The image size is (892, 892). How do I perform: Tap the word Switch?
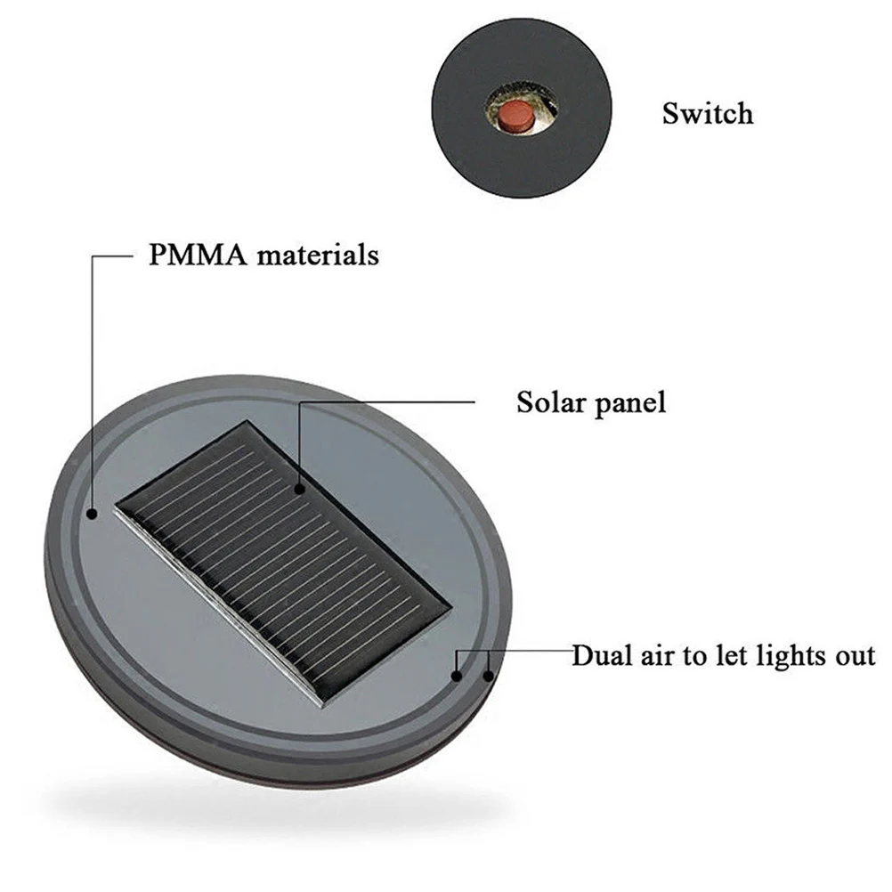click(x=707, y=114)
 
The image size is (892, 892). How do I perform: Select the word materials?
click(x=317, y=255)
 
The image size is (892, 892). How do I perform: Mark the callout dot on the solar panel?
click(x=301, y=488)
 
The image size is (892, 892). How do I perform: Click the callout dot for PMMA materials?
click(x=93, y=514)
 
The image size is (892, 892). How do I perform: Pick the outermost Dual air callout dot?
click(x=488, y=676)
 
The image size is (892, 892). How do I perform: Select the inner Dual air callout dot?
click(x=457, y=676)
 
